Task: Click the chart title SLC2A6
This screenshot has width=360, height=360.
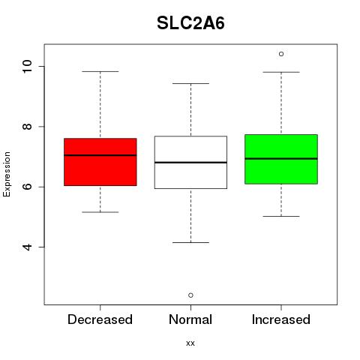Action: click(190, 23)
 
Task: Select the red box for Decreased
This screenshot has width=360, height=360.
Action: click(100, 162)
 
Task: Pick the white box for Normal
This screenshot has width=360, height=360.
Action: click(190, 162)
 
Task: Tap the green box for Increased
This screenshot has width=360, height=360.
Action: click(281, 159)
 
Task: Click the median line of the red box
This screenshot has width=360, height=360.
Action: click(100, 155)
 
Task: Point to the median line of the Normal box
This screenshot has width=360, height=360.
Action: click(190, 163)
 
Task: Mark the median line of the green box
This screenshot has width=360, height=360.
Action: click(281, 158)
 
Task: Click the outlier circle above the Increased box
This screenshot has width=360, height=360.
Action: click(281, 54)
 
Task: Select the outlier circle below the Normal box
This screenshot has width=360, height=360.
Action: click(190, 295)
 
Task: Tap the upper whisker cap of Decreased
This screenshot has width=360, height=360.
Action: click(100, 71)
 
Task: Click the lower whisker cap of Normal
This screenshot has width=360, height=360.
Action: click(190, 242)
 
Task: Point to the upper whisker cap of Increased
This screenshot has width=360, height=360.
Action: click(281, 72)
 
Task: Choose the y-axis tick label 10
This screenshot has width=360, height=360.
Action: click(27, 67)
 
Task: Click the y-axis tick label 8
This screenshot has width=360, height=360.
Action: click(27, 127)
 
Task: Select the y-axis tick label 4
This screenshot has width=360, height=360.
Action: click(27, 247)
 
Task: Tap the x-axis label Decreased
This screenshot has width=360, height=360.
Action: click(100, 319)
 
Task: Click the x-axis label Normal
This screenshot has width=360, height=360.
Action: click(190, 319)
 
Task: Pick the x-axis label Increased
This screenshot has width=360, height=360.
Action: click(281, 319)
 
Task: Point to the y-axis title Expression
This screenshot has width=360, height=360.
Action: click(7, 174)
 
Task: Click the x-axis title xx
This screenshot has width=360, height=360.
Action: click(190, 343)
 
